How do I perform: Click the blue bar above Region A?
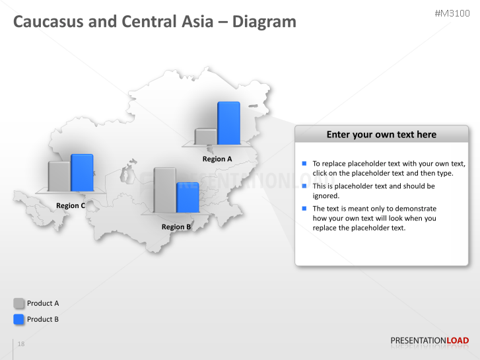tap(228, 123)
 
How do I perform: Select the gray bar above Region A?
tap(206, 137)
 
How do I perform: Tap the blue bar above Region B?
tap(188, 198)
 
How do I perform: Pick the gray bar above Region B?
tap(165, 190)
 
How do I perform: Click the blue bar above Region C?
tap(82, 172)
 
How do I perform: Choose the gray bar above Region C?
tap(59, 176)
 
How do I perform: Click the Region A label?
tap(217, 159)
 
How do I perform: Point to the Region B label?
tap(176, 227)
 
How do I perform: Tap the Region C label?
tap(71, 206)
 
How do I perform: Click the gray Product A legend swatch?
tap(19, 303)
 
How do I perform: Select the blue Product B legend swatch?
tap(19, 319)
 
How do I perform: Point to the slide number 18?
tap(21, 344)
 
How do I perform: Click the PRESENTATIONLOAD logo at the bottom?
tap(429, 341)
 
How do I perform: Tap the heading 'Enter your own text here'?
tap(381, 135)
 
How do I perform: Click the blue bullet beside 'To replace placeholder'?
tap(304, 163)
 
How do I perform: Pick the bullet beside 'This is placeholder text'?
tap(304, 186)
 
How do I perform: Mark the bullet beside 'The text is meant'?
tap(304, 208)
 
